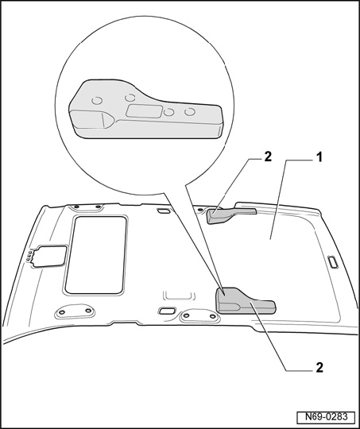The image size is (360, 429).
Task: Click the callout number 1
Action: point(319,157)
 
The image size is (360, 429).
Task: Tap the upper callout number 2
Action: point(268,157)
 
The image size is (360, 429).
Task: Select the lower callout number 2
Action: point(319,368)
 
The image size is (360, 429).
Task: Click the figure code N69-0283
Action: point(326,417)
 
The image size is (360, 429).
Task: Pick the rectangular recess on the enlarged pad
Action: point(144,111)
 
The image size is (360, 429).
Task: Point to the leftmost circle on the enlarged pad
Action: point(97,101)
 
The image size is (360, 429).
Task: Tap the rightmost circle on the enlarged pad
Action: point(190,112)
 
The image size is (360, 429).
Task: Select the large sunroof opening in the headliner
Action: point(96,255)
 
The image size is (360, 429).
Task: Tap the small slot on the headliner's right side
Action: point(333,262)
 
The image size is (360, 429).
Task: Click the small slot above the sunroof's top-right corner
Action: point(164,211)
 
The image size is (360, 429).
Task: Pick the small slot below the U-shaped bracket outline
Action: point(167,311)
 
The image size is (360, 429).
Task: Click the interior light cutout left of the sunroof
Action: point(50,256)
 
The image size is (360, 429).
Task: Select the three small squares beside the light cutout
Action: point(28,256)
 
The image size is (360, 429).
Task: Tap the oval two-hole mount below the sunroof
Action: point(75,311)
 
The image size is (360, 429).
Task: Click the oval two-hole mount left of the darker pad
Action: point(199,316)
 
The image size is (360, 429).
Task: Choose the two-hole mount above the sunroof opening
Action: point(86,207)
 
